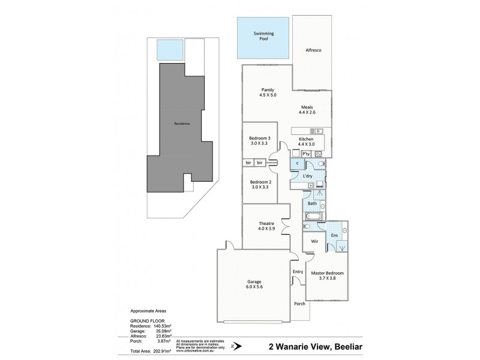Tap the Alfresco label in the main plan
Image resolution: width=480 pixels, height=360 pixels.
click(314, 50)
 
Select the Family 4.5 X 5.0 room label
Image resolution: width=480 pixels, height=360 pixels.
click(259, 92)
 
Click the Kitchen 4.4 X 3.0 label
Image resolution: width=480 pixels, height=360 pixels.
click(306, 142)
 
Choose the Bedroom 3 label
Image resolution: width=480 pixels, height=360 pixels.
click(260, 141)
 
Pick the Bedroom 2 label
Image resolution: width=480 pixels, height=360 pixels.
click(260, 184)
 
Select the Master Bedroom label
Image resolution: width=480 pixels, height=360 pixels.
click(327, 275)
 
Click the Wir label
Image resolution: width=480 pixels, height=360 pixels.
click(313, 242)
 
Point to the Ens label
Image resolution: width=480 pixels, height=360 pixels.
click(334, 236)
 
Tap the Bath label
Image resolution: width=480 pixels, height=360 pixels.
click(313, 204)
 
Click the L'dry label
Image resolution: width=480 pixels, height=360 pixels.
click(307, 176)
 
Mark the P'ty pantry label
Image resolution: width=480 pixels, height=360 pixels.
click(305, 154)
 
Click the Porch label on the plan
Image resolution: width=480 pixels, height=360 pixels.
click(299, 304)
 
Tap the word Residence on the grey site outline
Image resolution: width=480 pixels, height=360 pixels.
click(181, 124)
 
